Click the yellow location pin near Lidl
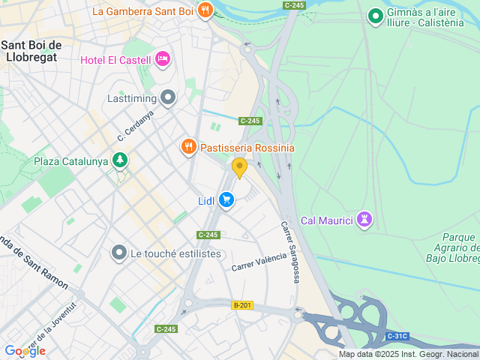(x=239, y=167)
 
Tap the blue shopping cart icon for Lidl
(x=226, y=200)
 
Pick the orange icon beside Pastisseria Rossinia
(x=189, y=147)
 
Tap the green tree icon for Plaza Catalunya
(x=119, y=160)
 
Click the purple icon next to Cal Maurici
(x=364, y=220)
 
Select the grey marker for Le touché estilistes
(x=118, y=253)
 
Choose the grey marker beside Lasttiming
(x=168, y=97)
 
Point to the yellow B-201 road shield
(x=241, y=305)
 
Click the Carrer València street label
(x=259, y=262)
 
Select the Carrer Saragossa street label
(x=290, y=252)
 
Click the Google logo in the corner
(x=25, y=350)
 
